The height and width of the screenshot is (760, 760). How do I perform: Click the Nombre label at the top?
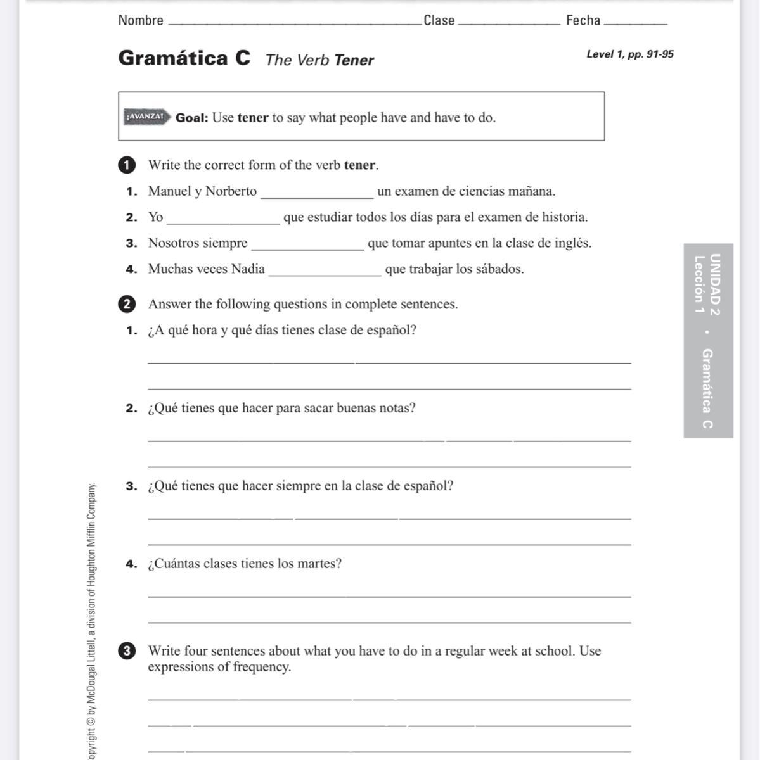(x=141, y=20)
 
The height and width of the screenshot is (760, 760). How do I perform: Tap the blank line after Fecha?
(x=636, y=23)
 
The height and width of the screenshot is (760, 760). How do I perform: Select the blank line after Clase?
(x=508, y=23)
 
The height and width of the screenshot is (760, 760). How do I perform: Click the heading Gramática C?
(x=184, y=58)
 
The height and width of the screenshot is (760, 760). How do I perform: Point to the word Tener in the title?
(x=354, y=60)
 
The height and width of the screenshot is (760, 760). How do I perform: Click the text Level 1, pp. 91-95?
(x=629, y=54)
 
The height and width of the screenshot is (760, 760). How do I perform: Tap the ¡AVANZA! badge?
(x=145, y=117)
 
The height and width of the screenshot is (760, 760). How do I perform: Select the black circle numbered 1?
(x=127, y=165)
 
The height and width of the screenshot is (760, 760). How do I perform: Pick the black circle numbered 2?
(x=127, y=304)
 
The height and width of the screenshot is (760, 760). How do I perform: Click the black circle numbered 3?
(x=127, y=651)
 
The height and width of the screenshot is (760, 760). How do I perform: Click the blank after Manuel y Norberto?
(x=317, y=196)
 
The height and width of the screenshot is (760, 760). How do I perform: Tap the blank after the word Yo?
(x=222, y=222)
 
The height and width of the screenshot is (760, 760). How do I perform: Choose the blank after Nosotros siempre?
(x=308, y=248)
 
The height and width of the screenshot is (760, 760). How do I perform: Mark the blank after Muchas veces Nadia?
(x=325, y=274)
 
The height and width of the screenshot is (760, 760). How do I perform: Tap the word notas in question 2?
(x=397, y=408)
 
